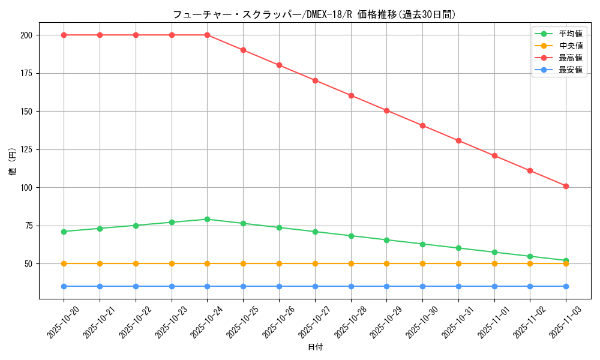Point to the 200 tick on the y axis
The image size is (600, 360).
(x=28, y=35)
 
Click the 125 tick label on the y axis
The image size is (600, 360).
(x=28, y=149)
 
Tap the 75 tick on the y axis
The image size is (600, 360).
(x=30, y=226)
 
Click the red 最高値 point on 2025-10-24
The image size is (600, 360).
(x=207, y=35)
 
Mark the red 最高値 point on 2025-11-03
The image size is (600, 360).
(x=566, y=186)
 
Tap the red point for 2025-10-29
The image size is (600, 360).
(x=386, y=110)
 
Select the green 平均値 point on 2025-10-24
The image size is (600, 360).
(x=207, y=219)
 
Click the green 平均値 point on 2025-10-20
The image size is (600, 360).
(x=64, y=232)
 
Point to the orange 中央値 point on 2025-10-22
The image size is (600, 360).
(x=136, y=263)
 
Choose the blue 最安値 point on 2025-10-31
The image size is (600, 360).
(x=458, y=286)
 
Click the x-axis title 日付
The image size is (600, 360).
(x=315, y=347)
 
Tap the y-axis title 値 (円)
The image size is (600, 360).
(x=13, y=162)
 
